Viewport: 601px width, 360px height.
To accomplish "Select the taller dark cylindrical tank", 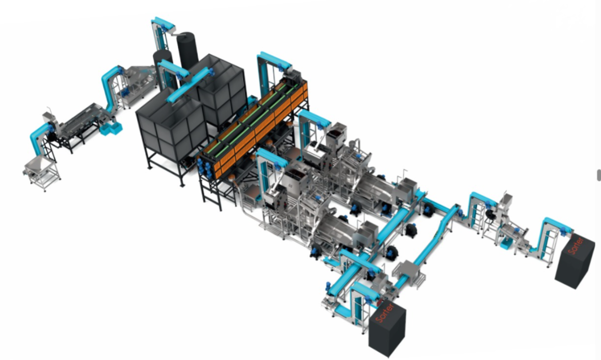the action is click(188, 51).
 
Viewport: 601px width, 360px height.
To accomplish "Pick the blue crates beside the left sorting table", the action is click(111, 129).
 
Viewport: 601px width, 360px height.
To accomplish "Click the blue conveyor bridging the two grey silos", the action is click(189, 84).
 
